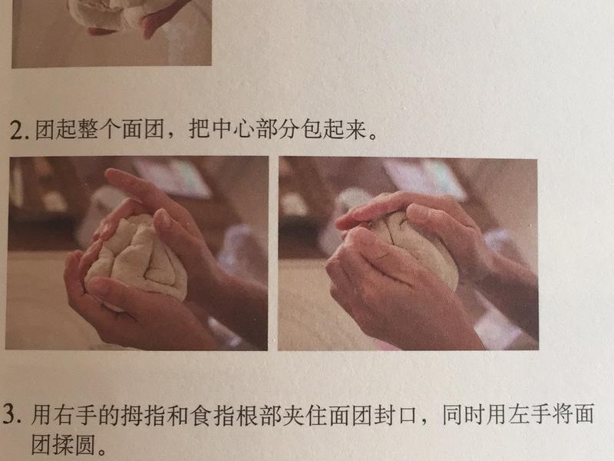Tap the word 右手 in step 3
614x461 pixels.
75,416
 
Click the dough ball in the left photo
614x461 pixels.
138,257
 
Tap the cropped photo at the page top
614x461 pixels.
111,31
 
